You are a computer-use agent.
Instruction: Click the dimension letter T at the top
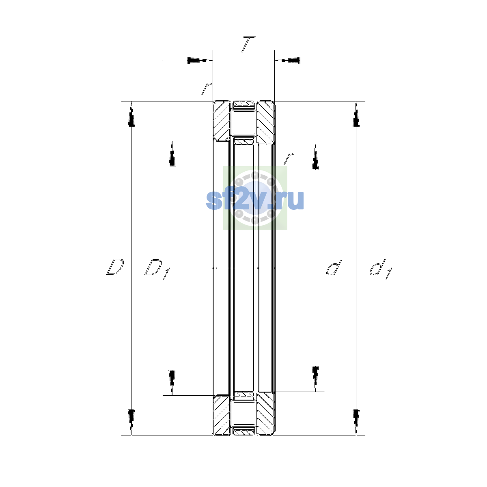(248, 44)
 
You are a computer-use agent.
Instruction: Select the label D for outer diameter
(115, 267)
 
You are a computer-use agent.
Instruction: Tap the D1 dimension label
(157, 269)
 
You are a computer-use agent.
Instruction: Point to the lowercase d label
(334, 267)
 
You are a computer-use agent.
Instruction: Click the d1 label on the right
(381, 269)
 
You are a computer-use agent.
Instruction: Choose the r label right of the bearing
(289, 158)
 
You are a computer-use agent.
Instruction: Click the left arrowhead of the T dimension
(200, 60)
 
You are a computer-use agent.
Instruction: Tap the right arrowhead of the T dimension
(288, 60)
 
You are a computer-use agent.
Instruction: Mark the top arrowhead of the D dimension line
(131, 114)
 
